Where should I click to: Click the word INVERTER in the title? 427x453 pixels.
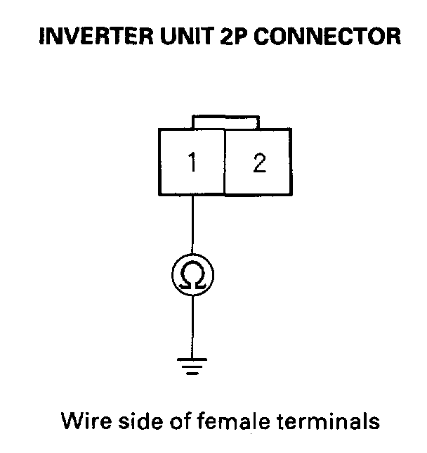pos(96,36)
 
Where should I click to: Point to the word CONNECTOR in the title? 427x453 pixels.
pos(327,36)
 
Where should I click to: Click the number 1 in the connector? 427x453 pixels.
pos(192,162)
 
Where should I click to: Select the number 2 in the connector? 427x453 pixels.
pos(259,163)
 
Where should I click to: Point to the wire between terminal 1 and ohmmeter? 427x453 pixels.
pos(192,225)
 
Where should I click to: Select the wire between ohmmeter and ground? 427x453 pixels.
pos(192,327)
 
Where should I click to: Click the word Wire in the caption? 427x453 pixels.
pos(86,421)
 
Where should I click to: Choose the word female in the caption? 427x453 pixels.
pos(234,421)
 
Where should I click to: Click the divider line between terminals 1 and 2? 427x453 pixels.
pos(225,162)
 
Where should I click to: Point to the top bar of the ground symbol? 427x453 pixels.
pos(192,359)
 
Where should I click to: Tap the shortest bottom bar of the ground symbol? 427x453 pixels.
pos(192,374)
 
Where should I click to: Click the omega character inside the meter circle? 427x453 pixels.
pos(192,275)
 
